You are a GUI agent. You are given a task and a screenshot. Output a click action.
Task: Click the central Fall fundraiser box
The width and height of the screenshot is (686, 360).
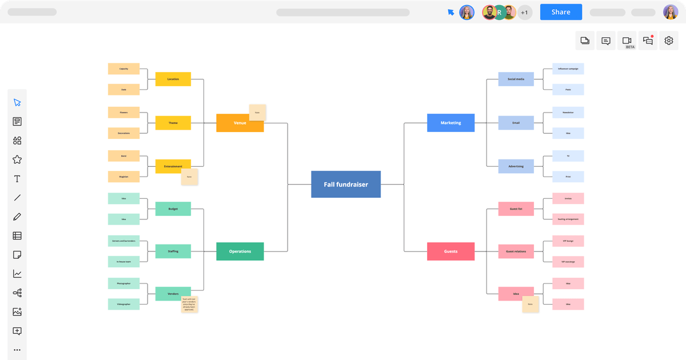click(346, 184)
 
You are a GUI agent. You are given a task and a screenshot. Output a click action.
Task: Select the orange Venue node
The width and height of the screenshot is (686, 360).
click(240, 123)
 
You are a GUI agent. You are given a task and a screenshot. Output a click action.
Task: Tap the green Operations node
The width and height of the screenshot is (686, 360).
click(240, 251)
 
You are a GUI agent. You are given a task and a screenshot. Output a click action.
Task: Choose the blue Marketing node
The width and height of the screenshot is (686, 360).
click(450, 123)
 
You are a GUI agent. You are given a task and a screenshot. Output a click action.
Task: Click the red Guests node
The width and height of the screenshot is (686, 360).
click(450, 251)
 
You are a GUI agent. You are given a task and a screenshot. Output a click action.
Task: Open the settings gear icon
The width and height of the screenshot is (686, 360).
click(669, 41)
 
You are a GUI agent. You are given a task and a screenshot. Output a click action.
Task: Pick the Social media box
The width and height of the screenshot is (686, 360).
click(516, 79)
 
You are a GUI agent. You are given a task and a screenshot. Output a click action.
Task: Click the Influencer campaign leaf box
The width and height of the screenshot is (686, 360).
click(568, 69)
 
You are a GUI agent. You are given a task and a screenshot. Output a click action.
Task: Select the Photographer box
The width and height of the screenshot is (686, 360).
click(123, 283)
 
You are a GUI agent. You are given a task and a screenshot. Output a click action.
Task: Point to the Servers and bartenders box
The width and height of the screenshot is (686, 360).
click(123, 241)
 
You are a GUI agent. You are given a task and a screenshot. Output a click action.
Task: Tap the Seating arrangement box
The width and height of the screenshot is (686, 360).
click(568, 219)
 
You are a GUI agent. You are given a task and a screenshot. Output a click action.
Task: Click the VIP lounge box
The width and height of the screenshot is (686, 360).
click(568, 241)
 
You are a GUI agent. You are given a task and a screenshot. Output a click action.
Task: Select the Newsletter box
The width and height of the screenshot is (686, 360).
click(568, 112)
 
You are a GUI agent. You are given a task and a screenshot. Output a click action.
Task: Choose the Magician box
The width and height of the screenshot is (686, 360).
click(123, 177)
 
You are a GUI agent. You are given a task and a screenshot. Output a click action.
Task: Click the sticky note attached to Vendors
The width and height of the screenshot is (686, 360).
click(190, 305)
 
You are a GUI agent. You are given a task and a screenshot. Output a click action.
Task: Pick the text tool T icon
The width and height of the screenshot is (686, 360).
click(17, 179)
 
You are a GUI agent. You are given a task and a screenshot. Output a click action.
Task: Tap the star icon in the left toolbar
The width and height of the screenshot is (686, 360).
click(17, 159)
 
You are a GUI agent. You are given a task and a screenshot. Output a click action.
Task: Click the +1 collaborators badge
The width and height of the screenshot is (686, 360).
click(524, 12)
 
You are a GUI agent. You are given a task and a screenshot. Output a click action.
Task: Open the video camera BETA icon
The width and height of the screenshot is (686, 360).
click(627, 41)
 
